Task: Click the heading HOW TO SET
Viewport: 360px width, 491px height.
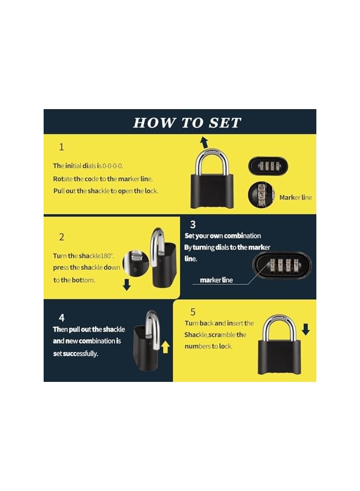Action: pyautogui.click(x=187, y=123)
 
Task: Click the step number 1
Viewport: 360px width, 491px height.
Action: pyautogui.click(x=62, y=147)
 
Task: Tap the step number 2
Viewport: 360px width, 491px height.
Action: pyautogui.click(x=62, y=237)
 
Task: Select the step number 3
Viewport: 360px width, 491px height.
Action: pyautogui.click(x=193, y=224)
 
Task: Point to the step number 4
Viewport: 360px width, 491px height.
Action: pyautogui.click(x=62, y=317)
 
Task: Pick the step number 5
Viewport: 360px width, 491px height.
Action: pyautogui.click(x=193, y=312)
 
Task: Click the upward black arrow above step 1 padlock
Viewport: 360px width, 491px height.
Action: pyautogui.click(x=203, y=143)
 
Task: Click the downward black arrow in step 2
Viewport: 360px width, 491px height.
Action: pyautogui.click(x=127, y=285)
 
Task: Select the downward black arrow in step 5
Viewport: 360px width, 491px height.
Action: pyautogui.click(x=305, y=329)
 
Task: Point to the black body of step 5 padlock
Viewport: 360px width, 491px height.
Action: pyautogui.click(x=278, y=357)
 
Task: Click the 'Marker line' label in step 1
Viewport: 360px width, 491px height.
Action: pyautogui.click(x=296, y=197)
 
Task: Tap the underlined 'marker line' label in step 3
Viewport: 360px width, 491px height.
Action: pyautogui.click(x=216, y=280)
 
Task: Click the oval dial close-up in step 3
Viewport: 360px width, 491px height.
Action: pyautogui.click(x=281, y=267)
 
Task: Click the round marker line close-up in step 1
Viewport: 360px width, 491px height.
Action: pyautogui.click(x=261, y=195)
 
